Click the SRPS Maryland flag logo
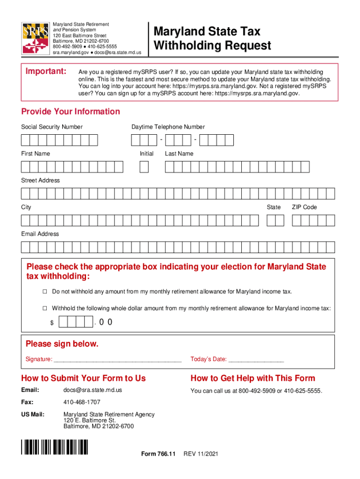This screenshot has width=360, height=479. click(35, 38)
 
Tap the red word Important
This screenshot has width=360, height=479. click(45, 72)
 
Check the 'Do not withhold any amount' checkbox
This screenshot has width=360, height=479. click(45, 292)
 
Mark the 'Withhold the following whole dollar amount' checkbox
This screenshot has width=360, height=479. click(45, 309)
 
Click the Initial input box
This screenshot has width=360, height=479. click(144, 167)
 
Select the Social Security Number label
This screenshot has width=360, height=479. click(52, 127)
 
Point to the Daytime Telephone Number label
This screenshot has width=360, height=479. click(168, 127)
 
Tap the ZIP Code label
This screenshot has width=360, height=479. click(304, 207)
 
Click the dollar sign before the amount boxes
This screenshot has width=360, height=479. click(52, 323)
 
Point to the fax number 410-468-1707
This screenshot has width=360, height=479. click(82, 402)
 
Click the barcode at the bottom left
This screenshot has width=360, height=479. click(55, 448)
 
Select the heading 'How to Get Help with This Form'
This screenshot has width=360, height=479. click(253, 378)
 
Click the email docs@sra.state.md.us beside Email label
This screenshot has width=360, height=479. click(93, 390)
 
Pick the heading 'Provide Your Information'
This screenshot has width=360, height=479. click(71, 111)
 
